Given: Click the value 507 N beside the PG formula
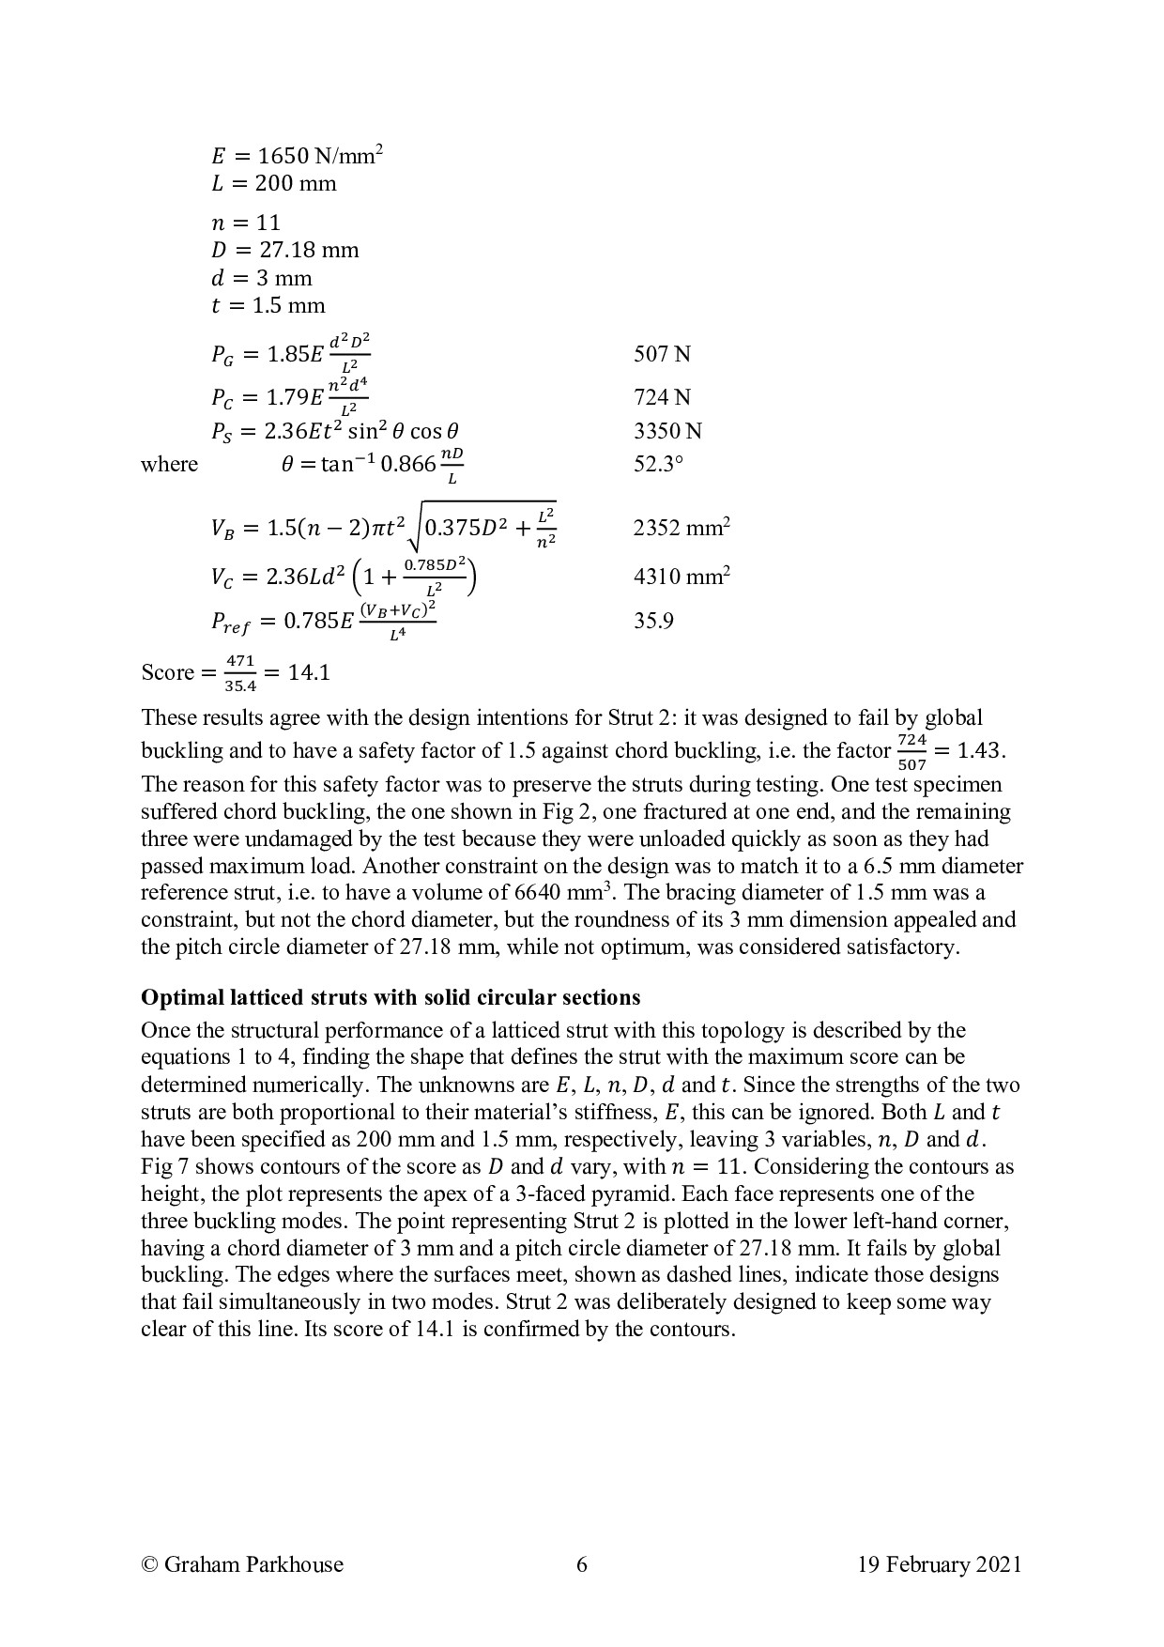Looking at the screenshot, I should click(x=662, y=354).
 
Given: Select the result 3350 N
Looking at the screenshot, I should click(x=667, y=431).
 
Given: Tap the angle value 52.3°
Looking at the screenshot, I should click(x=658, y=464).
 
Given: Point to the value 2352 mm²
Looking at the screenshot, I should click(x=682, y=528).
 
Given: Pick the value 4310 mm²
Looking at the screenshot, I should click(x=682, y=576).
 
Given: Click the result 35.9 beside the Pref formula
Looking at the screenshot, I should click(x=653, y=621).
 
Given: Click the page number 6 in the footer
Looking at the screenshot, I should click(x=582, y=1563).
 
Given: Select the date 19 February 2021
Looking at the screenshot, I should click(x=939, y=1563).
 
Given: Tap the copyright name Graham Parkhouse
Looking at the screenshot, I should click(x=242, y=1563).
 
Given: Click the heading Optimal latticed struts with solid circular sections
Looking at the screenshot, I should click(x=391, y=996).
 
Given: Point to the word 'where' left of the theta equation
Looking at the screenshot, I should click(x=169, y=464).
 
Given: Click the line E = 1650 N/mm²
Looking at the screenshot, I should click(x=297, y=156).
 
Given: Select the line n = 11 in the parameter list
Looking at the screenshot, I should click(x=246, y=223).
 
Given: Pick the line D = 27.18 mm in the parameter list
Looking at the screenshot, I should click(x=285, y=251).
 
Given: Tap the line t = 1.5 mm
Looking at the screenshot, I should click(x=268, y=305).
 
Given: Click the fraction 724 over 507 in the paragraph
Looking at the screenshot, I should click(x=911, y=752).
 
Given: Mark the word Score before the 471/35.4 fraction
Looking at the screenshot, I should click(x=167, y=672).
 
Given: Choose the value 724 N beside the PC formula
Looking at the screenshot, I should click(x=662, y=397).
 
